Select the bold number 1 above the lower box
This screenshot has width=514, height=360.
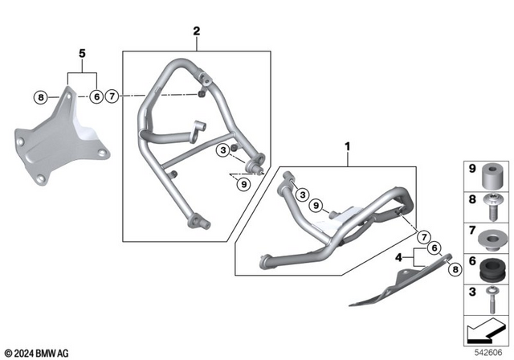point(348,148)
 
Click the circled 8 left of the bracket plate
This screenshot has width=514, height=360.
point(40,97)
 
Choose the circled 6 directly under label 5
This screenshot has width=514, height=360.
point(96,97)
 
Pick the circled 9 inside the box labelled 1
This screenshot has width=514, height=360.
point(316,205)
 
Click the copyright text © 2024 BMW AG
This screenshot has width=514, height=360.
point(38,352)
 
